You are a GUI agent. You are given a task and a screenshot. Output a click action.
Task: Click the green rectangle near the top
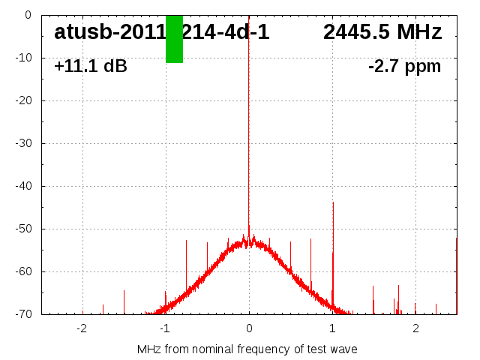[174, 39]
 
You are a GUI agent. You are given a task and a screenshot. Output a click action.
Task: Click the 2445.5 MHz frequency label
[382, 32]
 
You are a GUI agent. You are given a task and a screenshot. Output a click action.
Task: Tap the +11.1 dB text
[91, 67]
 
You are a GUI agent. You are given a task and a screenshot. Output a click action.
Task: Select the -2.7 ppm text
[404, 67]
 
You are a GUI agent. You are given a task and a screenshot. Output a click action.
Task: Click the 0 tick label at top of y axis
[27, 15]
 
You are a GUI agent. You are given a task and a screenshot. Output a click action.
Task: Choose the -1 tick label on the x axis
[164, 328]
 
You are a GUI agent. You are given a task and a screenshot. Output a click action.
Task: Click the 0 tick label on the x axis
[249, 328]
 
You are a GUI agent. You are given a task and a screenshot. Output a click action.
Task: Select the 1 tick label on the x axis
[332, 328]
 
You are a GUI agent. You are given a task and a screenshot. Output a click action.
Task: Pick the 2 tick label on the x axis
[415, 328]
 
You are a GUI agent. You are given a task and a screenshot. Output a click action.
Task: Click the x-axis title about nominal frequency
[247, 349]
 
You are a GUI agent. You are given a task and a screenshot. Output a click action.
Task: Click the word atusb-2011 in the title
[109, 32]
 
